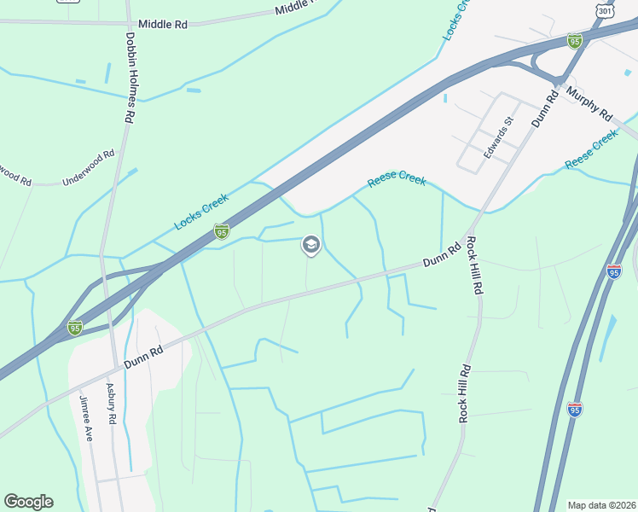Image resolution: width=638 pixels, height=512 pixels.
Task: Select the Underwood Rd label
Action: (89, 168)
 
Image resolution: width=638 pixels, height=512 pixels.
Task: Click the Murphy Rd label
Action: (589, 103)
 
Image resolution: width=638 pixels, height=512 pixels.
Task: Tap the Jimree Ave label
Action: (85, 417)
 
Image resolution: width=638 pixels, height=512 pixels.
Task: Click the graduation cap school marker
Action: (310, 246)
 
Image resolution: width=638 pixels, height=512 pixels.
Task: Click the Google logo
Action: (28, 502)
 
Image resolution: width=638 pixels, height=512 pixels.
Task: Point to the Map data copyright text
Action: (601, 505)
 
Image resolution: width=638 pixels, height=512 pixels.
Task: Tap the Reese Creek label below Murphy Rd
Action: (591, 150)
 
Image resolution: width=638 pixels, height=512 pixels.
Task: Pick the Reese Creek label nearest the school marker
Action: (397, 180)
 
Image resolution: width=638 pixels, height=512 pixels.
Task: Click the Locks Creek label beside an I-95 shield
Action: (201, 212)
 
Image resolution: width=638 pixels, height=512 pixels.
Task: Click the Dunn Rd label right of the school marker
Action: (442, 253)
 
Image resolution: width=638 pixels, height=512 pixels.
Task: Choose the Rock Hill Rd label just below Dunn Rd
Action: (476, 266)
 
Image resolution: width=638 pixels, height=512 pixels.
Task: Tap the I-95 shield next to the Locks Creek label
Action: (222, 231)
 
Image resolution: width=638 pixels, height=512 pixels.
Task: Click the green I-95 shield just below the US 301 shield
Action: (575, 40)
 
